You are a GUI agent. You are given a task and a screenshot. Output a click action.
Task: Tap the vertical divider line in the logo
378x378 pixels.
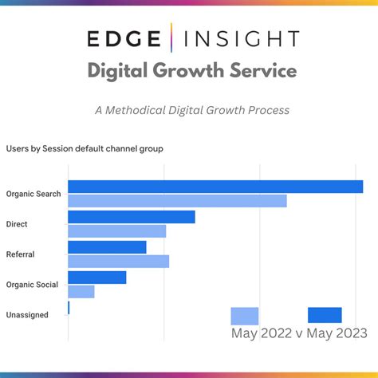179,38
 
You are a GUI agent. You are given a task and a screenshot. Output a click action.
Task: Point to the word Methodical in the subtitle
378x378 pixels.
162,110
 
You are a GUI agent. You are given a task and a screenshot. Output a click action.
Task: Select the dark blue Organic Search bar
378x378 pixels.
215,187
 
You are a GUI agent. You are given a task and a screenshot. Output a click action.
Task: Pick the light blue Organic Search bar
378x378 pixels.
177,201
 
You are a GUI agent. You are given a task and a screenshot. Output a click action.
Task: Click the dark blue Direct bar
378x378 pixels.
132,217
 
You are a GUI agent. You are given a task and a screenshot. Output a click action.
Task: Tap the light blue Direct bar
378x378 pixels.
117,231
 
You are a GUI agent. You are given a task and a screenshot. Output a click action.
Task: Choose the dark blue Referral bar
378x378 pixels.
108,247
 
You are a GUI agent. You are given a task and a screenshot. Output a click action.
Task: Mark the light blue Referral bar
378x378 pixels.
119,262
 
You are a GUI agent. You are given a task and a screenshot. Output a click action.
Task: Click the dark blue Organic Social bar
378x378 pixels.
97,278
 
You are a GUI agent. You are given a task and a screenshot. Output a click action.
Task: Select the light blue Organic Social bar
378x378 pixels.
81,292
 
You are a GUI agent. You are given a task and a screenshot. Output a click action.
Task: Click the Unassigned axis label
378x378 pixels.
27,315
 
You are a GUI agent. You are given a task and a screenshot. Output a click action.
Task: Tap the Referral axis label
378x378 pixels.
20,254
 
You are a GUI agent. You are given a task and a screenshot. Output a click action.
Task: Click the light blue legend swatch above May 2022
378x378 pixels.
245,316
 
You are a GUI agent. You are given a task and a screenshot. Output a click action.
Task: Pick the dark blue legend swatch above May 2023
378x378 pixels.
325,315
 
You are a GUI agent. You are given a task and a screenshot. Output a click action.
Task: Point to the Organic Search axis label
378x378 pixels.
33,194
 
